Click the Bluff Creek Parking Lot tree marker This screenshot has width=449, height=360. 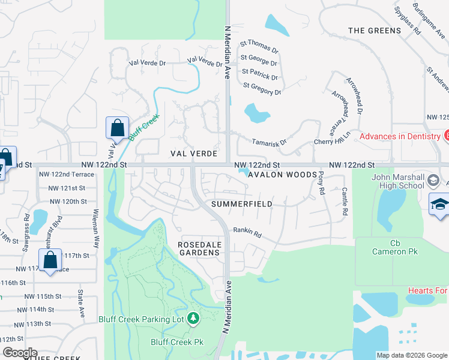tap(193, 317)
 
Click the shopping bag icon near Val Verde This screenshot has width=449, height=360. tap(117, 128)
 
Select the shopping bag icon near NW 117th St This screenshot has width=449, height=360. tap(50, 260)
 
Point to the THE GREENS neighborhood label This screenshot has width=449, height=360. tap(374, 31)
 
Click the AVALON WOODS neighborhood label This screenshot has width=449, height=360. tap(282, 175)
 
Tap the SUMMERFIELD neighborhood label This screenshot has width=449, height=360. tap(242, 204)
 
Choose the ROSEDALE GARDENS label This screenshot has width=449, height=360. tap(199, 248)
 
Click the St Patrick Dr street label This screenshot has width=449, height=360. tap(260, 77)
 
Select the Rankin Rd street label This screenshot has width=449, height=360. tap(248, 233)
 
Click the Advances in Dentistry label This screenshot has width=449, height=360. tap(400, 136)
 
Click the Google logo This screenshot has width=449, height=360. tap(20, 353)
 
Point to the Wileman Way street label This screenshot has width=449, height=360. tap(95, 229)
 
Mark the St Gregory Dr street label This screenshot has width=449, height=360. tap(262, 89)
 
